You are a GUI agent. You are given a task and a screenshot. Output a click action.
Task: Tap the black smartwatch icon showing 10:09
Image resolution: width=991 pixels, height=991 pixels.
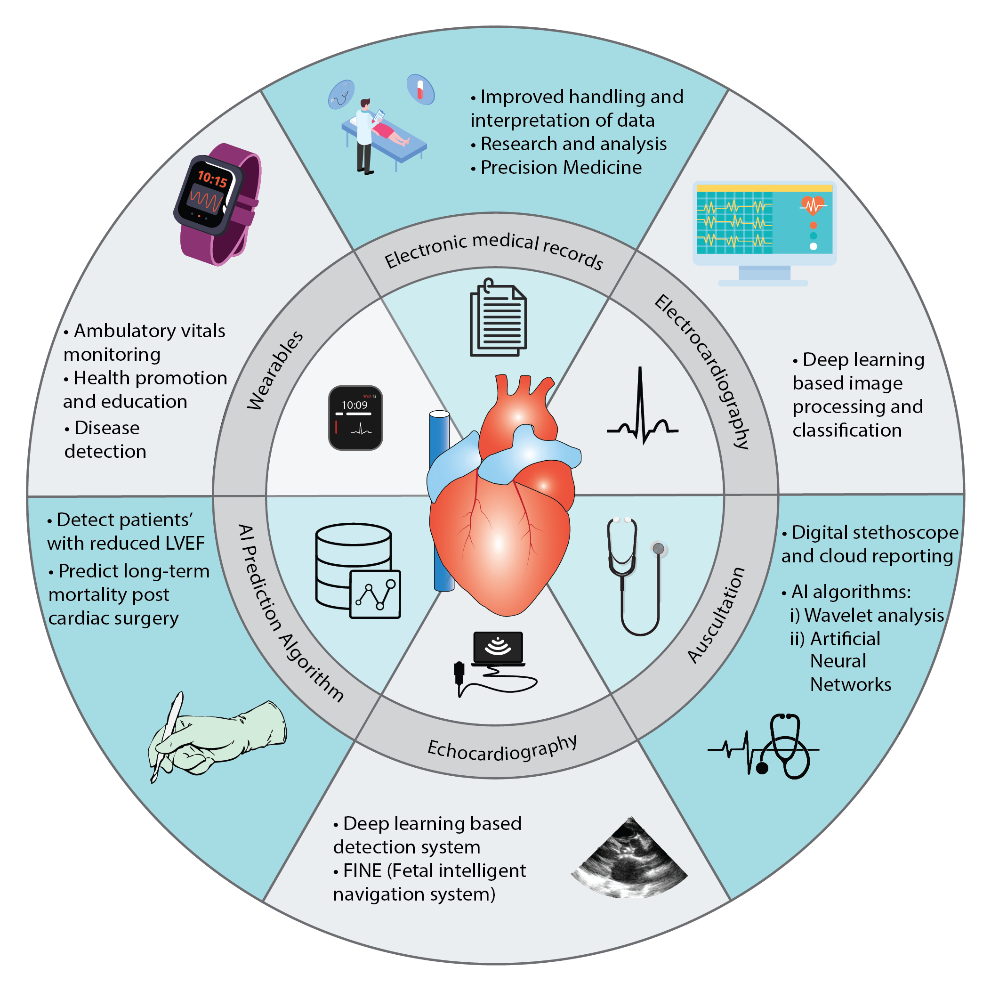355,417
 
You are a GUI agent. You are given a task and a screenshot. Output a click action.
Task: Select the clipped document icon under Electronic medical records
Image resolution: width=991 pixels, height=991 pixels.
498,318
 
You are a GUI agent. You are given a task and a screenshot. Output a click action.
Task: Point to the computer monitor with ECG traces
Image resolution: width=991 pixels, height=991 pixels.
764,231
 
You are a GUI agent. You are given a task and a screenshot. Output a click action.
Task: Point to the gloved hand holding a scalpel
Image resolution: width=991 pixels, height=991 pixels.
216,739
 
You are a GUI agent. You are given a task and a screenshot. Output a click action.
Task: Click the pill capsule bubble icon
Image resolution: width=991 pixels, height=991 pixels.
420,90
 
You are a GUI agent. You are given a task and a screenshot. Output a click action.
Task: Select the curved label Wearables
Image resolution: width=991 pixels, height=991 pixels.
275,370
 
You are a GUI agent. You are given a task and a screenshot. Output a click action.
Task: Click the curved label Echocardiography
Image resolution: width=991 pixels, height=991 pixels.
502,750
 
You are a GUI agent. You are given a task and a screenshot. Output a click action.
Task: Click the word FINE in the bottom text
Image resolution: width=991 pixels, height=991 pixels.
362,870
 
